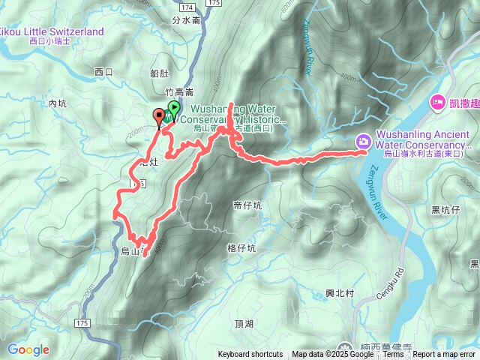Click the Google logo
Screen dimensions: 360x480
point(28,349)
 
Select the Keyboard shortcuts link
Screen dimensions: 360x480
point(250,355)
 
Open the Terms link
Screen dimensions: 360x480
point(394,355)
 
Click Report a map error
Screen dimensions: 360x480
point(444,355)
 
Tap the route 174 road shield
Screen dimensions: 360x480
point(187,6)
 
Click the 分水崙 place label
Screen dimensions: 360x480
point(186,20)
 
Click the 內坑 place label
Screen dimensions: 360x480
point(58,103)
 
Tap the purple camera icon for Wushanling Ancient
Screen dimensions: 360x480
point(363,139)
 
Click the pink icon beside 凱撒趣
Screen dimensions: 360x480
point(437,101)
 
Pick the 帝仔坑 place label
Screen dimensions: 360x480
point(247,204)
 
